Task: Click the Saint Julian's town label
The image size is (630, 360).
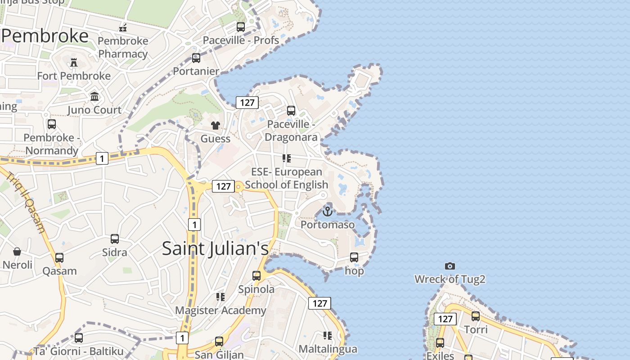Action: (215, 248)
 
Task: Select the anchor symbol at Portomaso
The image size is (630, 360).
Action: (328, 211)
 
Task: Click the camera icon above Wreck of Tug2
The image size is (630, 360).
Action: (450, 266)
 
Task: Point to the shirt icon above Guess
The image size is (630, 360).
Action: (216, 125)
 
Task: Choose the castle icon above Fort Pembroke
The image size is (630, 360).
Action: (74, 63)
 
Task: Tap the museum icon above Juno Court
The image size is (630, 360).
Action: (94, 96)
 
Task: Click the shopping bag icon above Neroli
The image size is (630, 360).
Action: (17, 251)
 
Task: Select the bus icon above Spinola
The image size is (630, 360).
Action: (256, 275)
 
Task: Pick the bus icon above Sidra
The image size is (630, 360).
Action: (115, 239)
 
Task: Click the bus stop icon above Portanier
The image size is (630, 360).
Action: (196, 58)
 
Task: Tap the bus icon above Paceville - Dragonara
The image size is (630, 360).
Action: (291, 111)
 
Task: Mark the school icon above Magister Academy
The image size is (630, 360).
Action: (220, 297)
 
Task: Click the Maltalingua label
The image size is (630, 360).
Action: (328, 349)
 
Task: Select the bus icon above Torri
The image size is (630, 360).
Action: (476, 316)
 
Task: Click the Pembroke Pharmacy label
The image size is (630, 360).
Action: (123, 47)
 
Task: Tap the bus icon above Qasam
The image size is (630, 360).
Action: (59, 258)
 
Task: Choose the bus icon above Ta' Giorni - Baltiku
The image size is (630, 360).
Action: (79, 337)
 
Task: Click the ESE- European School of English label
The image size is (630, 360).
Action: (287, 178)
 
